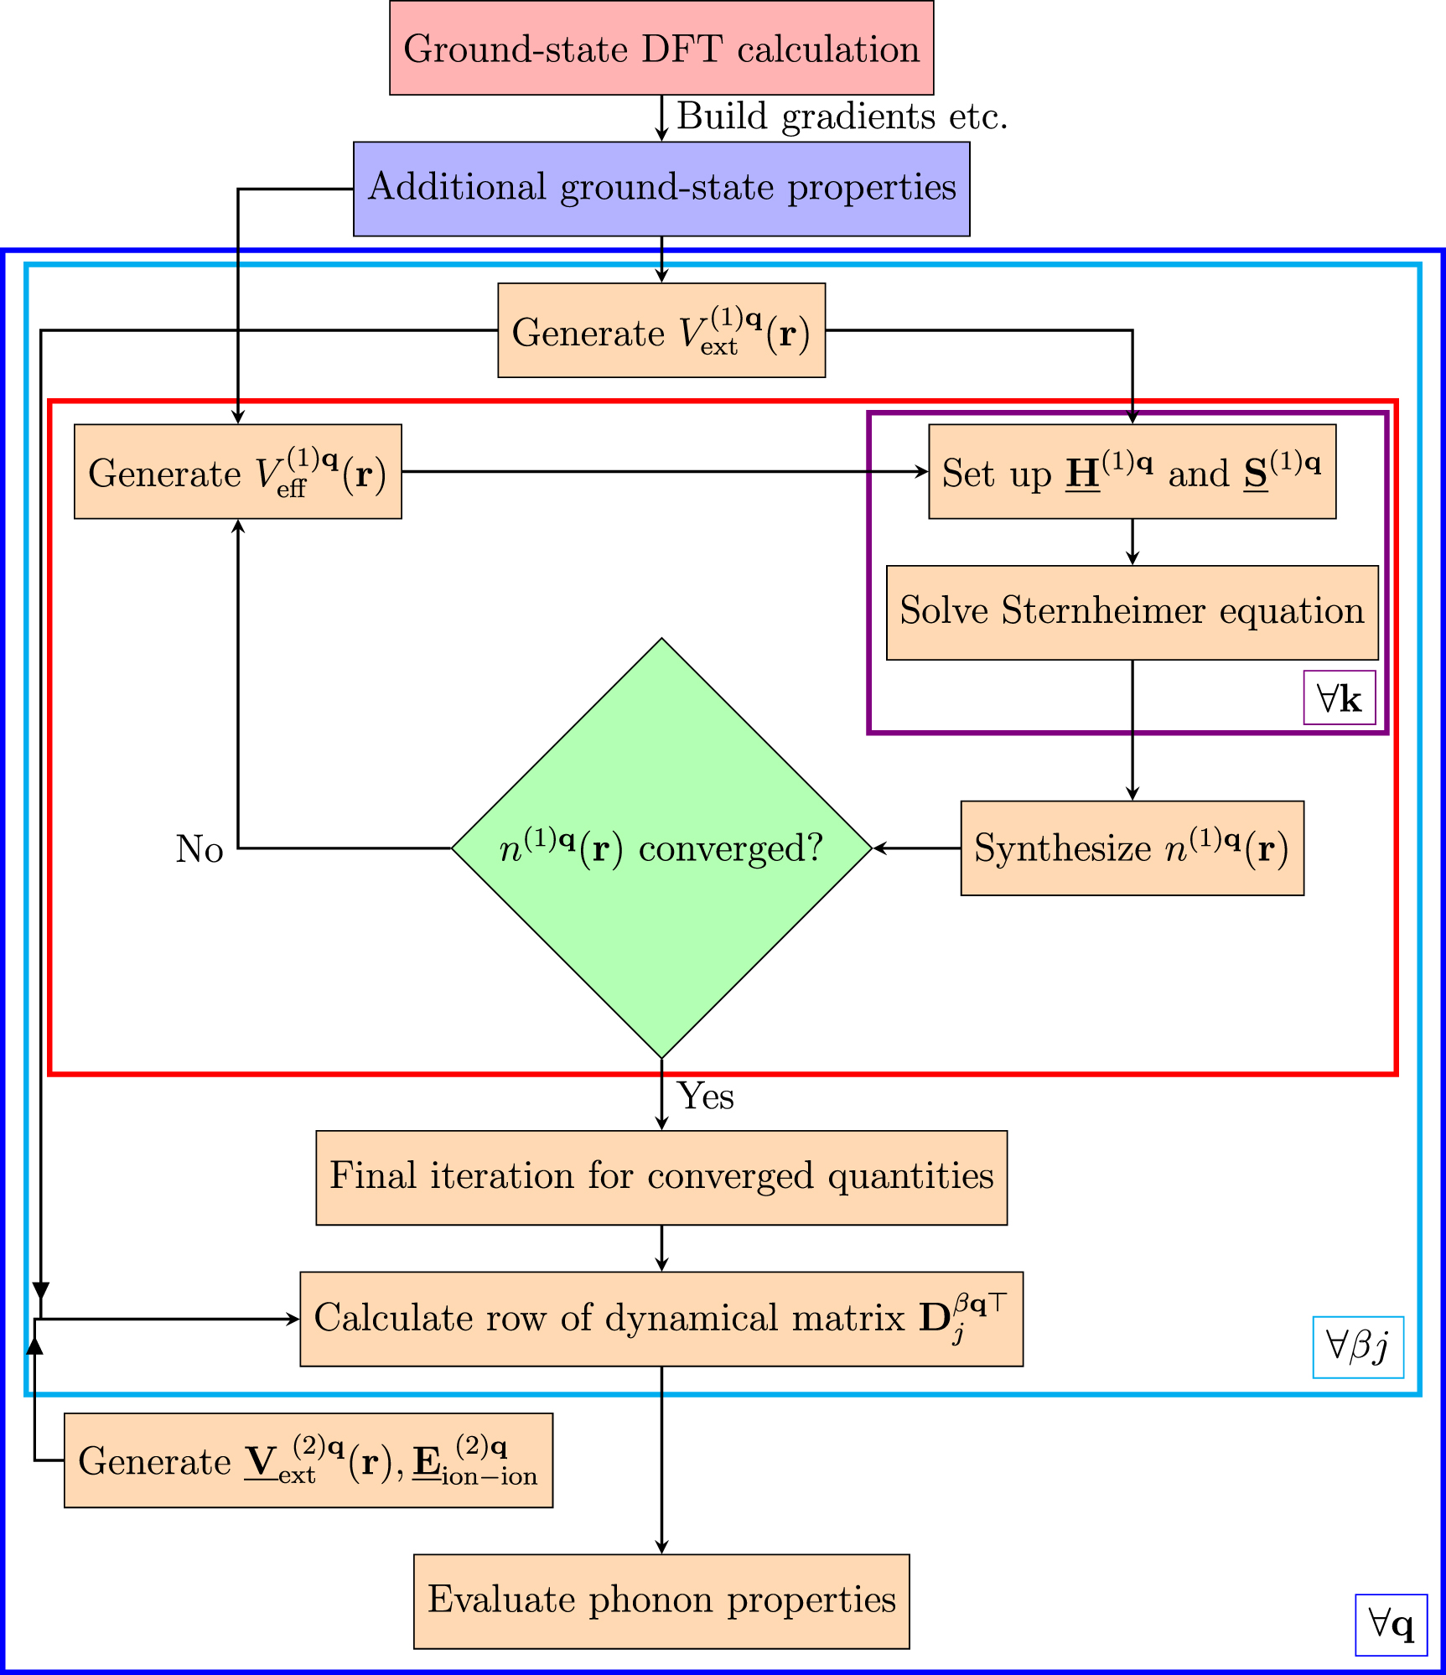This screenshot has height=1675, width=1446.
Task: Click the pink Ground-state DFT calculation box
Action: point(661,48)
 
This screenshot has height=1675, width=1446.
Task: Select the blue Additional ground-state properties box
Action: point(661,189)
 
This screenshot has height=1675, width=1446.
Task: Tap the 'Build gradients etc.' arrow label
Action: point(842,117)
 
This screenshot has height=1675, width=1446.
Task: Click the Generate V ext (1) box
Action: point(661,330)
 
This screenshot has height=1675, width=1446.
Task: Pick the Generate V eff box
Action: point(237,472)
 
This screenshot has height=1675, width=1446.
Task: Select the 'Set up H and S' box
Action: point(1132,472)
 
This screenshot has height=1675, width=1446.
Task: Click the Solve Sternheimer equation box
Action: point(1132,613)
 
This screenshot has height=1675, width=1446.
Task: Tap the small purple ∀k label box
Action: point(1339,697)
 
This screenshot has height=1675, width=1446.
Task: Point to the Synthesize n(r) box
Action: point(1132,848)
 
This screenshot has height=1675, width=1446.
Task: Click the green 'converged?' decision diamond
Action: point(661,848)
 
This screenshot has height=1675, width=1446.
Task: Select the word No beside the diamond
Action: point(200,849)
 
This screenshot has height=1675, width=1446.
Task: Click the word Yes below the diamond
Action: point(706,1096)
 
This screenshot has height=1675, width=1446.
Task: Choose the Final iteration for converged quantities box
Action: point(661,1178)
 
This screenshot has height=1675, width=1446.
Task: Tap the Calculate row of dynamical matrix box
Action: point(661,1319)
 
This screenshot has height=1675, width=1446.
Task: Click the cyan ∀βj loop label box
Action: point(1357,1347)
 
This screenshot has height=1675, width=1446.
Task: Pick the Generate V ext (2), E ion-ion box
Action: point(308,1460)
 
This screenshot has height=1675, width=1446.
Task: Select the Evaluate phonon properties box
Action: point(661,1601)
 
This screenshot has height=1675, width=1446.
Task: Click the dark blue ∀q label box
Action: point(1391,1625)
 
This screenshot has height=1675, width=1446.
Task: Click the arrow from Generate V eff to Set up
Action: point(662,472)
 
